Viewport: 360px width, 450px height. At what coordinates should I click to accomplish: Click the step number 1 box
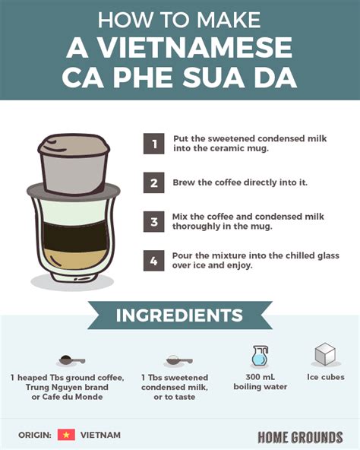tap(154, 144)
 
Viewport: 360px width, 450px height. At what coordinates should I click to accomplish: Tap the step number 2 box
tap(154, 182)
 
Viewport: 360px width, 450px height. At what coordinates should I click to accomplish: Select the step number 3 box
tap(154, 222)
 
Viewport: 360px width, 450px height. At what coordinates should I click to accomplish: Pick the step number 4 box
tap(154, 261)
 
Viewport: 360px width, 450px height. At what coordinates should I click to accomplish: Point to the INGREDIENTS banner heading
tap(179, 315)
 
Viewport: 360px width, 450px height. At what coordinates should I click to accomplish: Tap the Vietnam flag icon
tap(66, 435)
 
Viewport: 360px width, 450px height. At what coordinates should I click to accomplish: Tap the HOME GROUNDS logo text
tap(300, 436)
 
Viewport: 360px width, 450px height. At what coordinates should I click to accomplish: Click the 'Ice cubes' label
tap(324, 377)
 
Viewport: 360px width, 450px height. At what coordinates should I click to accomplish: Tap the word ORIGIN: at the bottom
tap(35, 435)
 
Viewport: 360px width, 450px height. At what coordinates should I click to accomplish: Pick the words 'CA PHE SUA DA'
tap(179, 78)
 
